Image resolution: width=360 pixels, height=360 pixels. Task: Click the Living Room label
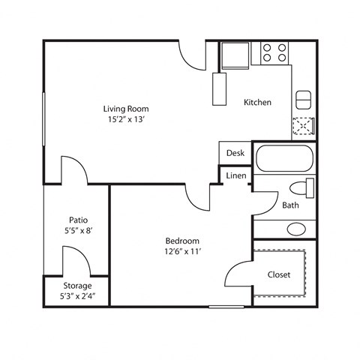[x=125, y=108]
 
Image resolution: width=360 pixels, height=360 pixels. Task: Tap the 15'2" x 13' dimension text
[x=125, y=118]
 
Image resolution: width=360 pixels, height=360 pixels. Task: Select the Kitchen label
[x=257, y=102]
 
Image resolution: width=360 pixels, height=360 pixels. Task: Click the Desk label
[x=235, y=152]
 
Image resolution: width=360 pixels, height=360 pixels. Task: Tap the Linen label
[x=235, y=176]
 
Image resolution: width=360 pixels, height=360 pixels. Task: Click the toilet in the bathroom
[x=302, y=187]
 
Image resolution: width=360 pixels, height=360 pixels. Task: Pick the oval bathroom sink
[x=297, y=228]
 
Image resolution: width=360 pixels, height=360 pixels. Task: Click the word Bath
[x=291, y=205]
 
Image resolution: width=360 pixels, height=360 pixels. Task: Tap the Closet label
[x=279, y=274]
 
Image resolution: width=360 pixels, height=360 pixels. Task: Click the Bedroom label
[x=182, y=240]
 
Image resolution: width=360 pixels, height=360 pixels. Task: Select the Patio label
[x=77, y=220]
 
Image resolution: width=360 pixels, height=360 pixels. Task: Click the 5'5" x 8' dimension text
[x=77, y=231]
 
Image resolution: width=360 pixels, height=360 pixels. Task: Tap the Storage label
[x=77, y=286]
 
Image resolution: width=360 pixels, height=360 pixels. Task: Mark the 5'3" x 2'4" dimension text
[x=77, y=295]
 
